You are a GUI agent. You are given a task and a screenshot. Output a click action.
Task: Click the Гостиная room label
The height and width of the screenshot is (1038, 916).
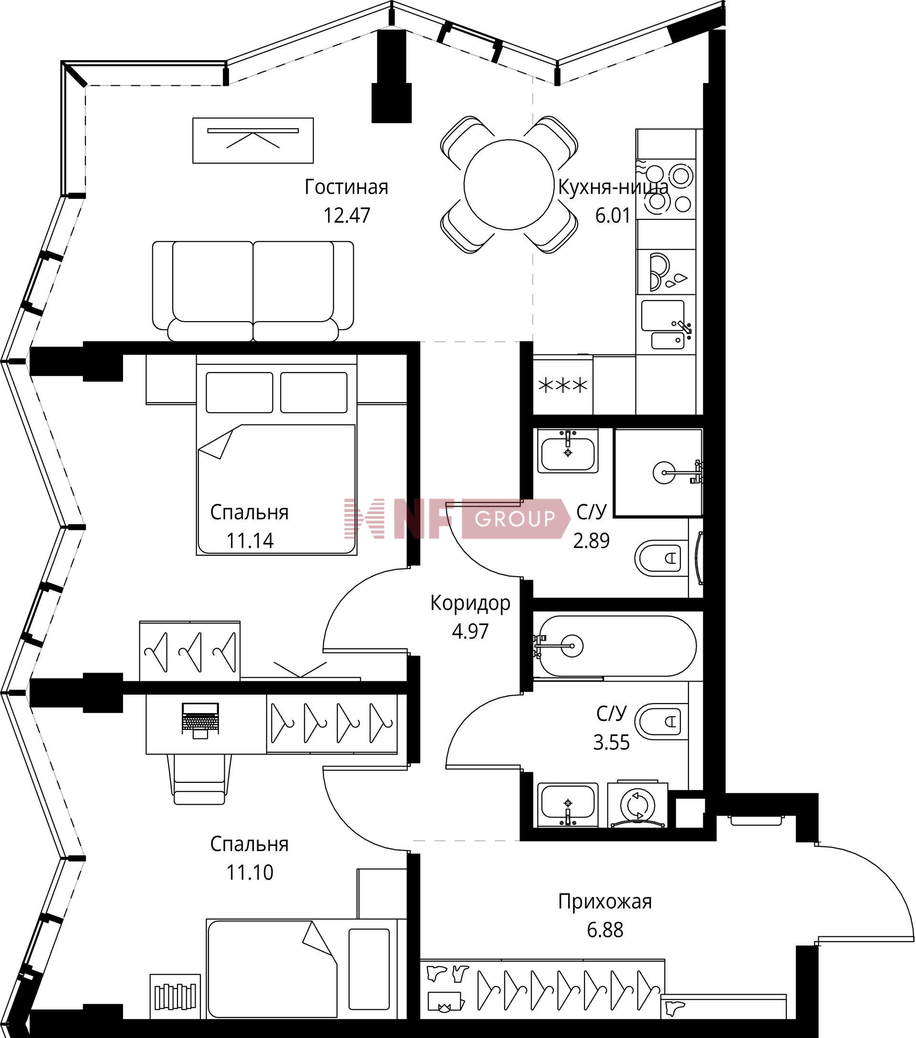pyautogui.click(x=346, y=187)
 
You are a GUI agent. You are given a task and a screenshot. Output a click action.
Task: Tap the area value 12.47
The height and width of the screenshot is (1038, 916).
pyautogui.click(x=347, y=215)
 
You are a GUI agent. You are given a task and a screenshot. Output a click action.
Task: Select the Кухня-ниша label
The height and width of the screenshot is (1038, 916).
pyautogui.click(x=614, y=187)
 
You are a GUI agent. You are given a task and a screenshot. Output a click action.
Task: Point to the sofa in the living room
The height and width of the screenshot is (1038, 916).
pyautogui.click(x=253, y=291)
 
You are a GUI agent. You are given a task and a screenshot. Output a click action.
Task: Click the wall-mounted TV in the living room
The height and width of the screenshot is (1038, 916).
pyautogui.click(x=253, y=140)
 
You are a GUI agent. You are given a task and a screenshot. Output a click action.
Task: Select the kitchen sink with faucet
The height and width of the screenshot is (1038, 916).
pyautogui.click(x=666, y=325)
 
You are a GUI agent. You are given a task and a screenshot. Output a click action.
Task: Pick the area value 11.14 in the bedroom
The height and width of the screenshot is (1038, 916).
pyautogui.click(x=250, y=541)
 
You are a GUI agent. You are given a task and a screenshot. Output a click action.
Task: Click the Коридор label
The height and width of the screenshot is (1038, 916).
pyautogui.click(x=470, y=603)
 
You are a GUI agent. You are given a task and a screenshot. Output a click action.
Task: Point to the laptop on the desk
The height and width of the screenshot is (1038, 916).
pyautogui.click(x=200, y=720)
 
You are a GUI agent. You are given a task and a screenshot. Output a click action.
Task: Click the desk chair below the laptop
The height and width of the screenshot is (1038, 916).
pyautogui.click(x=199, y=779)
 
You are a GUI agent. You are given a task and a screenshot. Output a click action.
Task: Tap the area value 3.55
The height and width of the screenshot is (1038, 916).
pyautogui.click(x=611, y=742)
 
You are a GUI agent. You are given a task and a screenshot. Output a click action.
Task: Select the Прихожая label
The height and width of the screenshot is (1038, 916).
pyautogui.click(x=605, y=902)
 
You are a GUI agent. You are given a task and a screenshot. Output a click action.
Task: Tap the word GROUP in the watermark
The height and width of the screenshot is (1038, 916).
pyautogui.click(x=515, y=519)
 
